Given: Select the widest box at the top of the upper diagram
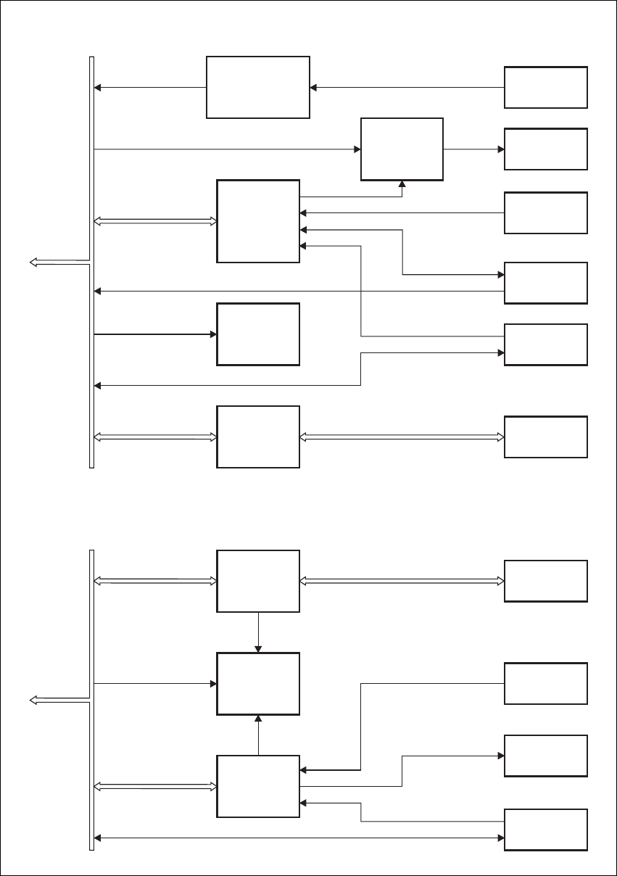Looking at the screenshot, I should tap(258, 87).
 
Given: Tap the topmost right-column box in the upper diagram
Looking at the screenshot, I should tap(545, 88).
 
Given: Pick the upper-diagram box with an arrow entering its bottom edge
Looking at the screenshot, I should tap(402, 149).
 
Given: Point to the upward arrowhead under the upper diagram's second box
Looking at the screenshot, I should tap(402, 183).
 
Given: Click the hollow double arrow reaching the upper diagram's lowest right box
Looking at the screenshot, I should tap(402, 437).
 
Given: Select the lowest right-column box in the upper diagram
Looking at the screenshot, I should tap(545, 437).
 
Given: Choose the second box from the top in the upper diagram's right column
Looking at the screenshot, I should tap(545, 149).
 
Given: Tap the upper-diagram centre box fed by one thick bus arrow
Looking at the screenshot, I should tap(258, 334).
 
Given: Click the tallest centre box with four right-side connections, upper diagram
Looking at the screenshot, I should tap(258, 221).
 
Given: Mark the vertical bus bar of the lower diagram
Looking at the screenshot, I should tap(91, 699).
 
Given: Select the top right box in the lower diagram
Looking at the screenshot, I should tap(545, 581).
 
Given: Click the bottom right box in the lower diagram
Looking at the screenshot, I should tap(545, 829).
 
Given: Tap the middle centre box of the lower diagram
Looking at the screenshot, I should tap(258, 683).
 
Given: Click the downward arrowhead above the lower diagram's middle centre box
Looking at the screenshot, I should tap(258, 648).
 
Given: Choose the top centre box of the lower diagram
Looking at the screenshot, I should tap(258, 581).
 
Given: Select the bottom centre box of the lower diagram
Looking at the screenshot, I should tap(258, 786).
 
